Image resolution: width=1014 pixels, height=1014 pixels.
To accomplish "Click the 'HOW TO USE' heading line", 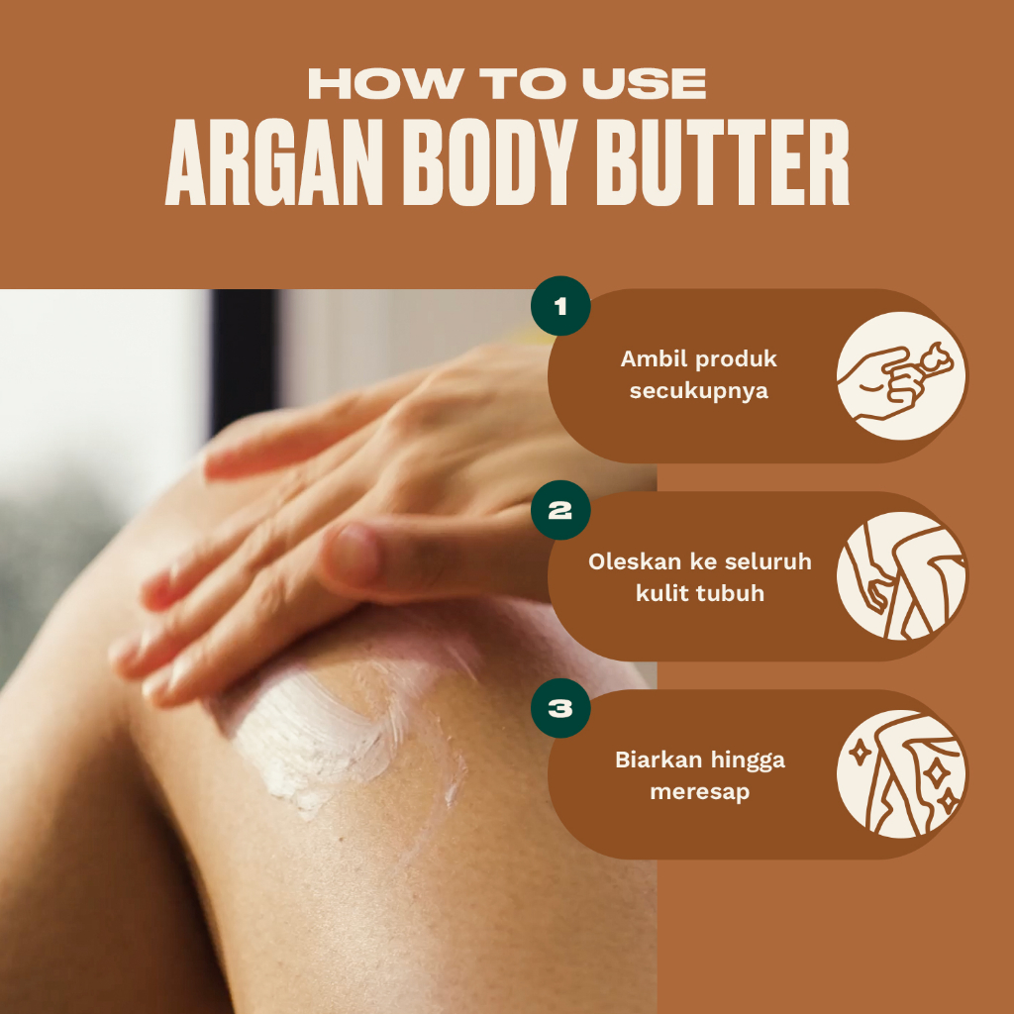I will point(507,84).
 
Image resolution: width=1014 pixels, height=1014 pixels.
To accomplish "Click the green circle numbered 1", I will point(560,306).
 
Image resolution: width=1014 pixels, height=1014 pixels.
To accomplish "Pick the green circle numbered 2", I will point(560,510).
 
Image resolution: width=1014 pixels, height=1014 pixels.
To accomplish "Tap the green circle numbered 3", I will point(560,708).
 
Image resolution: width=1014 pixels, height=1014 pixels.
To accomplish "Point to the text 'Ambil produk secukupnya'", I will point(699,374).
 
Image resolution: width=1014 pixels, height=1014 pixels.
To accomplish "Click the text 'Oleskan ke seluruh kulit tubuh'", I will point(699,577).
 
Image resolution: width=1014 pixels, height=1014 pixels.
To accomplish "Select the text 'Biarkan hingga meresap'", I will point(699,775).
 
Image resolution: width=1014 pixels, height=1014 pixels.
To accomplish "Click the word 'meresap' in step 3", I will point(699,792).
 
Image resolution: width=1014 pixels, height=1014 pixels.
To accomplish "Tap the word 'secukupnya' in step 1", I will point(699,391).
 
